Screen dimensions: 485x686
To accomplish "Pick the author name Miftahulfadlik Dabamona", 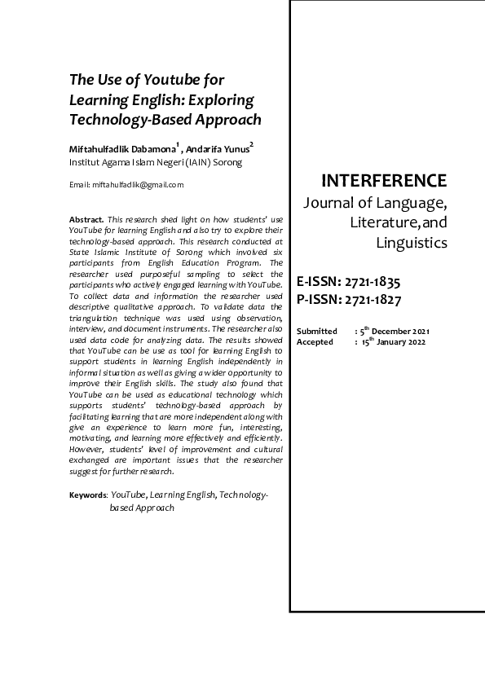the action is [121, 149].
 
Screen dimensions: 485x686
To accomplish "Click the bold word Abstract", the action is [86, 221].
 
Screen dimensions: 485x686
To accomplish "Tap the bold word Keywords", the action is [87, 495].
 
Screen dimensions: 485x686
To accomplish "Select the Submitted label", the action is [317, 332].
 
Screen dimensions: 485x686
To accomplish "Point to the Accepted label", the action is [315, 342].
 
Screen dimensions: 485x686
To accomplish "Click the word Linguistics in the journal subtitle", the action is [411, 243].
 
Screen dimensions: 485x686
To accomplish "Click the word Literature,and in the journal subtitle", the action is [399, 222].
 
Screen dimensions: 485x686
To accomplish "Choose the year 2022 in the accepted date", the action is [436, 342].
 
